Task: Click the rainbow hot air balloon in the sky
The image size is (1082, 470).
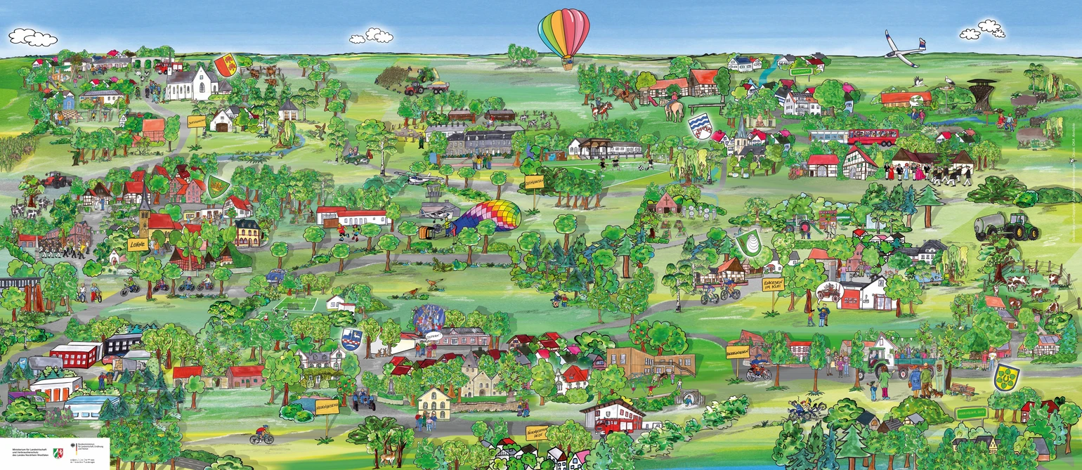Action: tap(563, 35)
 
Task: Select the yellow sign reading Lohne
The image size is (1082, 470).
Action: tap(136, 244)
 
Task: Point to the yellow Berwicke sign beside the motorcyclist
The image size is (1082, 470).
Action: tap(737, 351)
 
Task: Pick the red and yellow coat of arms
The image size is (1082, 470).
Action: tap(226, 65)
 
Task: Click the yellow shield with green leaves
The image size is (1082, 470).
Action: tap(1006, 377)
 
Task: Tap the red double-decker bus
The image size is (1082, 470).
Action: tap(873, 136)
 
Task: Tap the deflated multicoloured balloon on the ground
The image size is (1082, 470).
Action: tap(488, 217)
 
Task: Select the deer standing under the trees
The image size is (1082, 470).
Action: tap(386, 460)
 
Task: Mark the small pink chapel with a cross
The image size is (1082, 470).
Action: tap(665, 204)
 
